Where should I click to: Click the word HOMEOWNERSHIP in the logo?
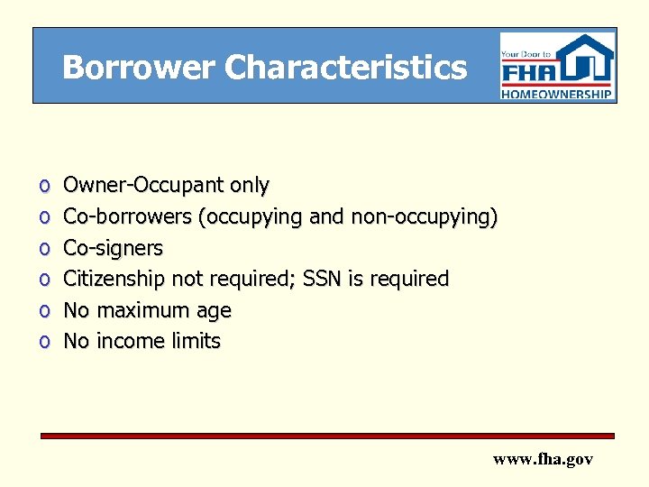[x=558, y=93]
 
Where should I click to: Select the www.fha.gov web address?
[x=543, y=459]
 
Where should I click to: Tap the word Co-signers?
[x=113, y=248]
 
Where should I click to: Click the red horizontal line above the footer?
[x=326, y=436]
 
